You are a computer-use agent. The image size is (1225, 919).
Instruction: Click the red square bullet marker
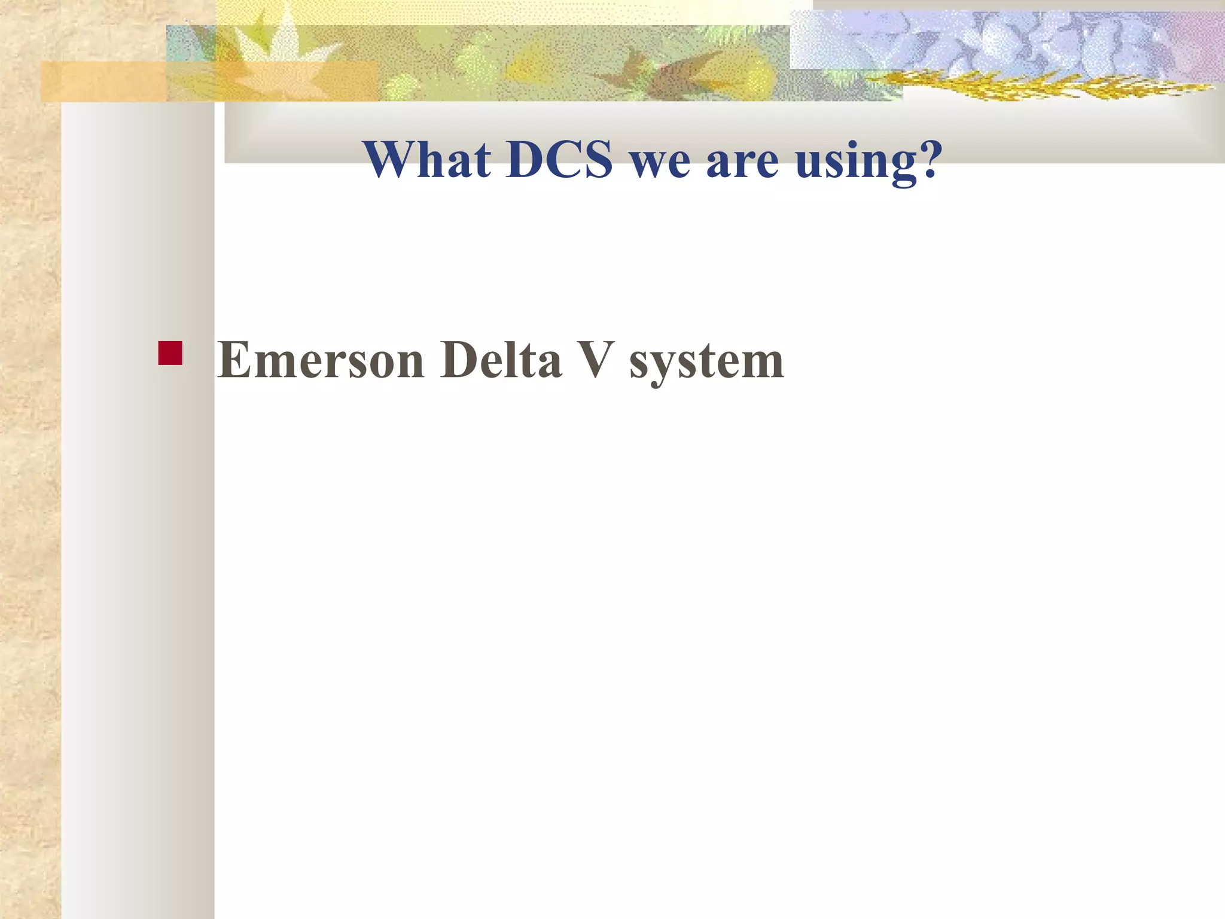pyautogui.click(x=170, y=353)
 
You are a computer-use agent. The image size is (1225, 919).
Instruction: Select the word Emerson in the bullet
pyautogui.click(x=321, y=360)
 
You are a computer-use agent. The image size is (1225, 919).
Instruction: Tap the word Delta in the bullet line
pyautogui.click(x=501, y=360)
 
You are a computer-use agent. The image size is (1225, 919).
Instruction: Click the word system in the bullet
pyautogui.click(x=706, y=363)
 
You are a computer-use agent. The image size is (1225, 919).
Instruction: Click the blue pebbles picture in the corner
pyautogui.click(x=1005, y=42)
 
